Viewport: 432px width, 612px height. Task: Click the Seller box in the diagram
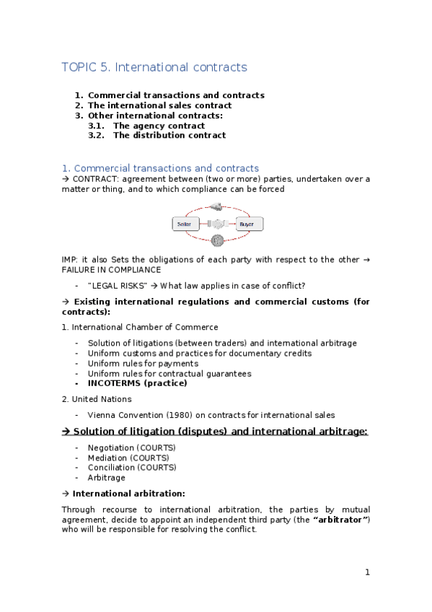point(185,224)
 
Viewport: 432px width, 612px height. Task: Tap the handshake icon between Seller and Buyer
point(217,224)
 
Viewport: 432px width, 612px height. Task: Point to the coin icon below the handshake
point(217,240)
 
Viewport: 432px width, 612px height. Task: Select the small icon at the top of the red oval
point(216,207)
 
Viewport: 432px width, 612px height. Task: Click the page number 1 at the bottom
point(367,572)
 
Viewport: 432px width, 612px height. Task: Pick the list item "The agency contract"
point(159,126)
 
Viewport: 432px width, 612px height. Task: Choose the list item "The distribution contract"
point(169,135)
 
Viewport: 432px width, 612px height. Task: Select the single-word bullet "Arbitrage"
point(107,478)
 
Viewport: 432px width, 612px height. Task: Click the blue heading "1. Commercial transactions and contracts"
point(160,168)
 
